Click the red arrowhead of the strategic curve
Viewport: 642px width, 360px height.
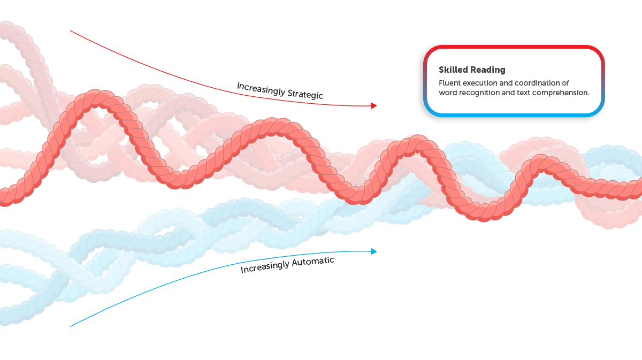(374, 106)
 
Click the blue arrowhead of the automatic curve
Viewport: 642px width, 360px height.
(374, 251)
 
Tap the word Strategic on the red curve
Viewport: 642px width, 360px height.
(305, 94)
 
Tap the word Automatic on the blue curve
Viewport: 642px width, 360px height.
(313, 262)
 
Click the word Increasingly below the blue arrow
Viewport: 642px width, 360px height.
(264, 267)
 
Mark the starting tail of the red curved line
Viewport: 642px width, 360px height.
(71, 30)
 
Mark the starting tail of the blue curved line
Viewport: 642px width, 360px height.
(71, 326)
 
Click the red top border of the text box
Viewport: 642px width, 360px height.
(514, 47)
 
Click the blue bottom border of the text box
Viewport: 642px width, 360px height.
(514, 115)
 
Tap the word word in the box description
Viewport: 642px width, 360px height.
(447, 93)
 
